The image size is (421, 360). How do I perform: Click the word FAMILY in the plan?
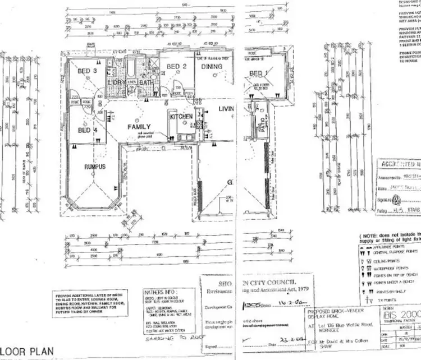tap(140, 127)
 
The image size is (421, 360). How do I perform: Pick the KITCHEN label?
tap(181, 117)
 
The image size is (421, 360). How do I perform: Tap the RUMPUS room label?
tap(95, 167)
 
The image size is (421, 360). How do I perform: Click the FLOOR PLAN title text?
tap(26, 352)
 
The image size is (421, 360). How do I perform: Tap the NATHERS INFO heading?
tap(145, 292)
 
